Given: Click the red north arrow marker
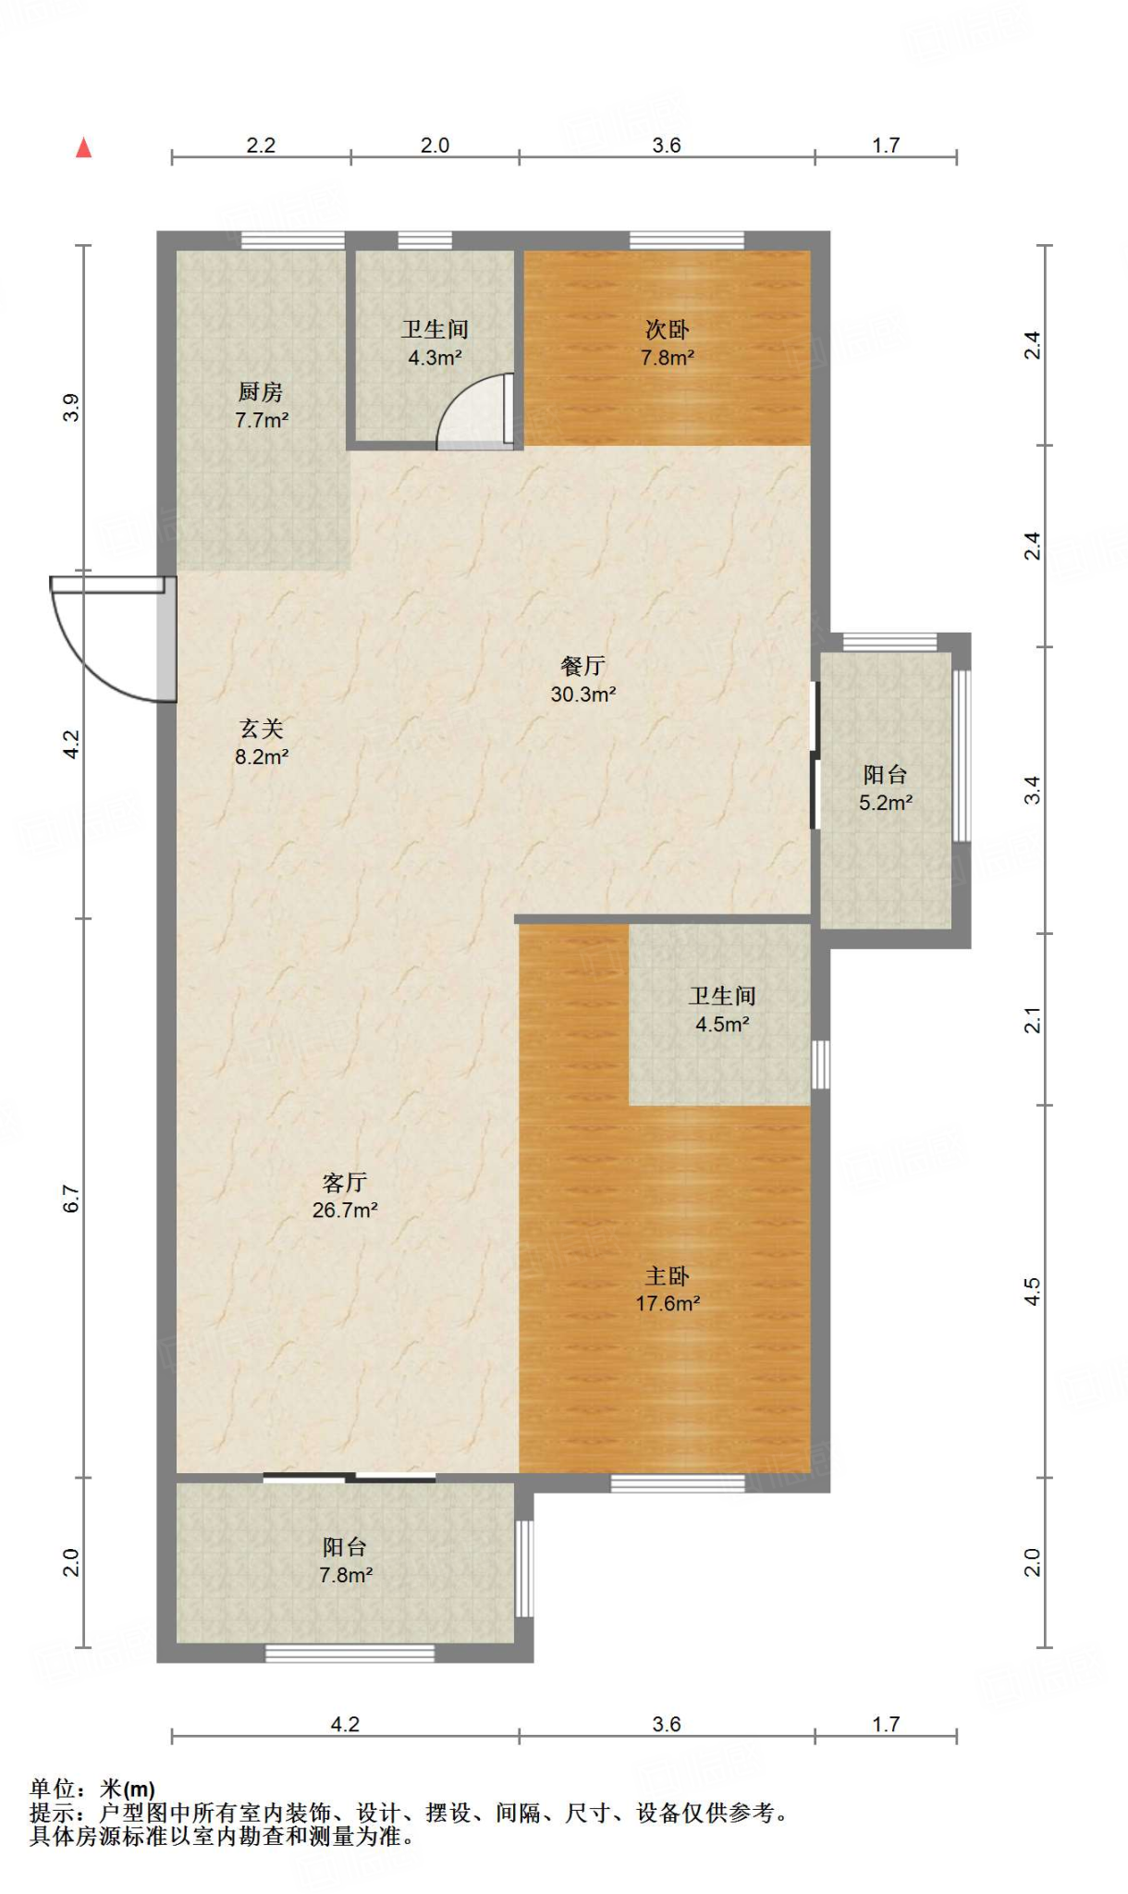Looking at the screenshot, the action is coord(84,147).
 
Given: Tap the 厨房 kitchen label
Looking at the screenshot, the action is coord(261,392).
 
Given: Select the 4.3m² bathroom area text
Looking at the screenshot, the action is coord(435,357).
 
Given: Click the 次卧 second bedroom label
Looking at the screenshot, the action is coord(667,329).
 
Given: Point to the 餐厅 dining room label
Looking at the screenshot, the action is coord(583,666).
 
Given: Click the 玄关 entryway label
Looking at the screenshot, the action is coord(261,729).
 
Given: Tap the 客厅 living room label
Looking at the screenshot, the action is coord(345,1182).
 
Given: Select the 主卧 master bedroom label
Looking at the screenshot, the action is coord(667,1276).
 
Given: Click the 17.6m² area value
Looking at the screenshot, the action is coord(668,1304).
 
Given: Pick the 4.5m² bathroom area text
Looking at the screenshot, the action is coord(722,1024).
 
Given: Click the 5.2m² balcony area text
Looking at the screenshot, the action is coord(886,803).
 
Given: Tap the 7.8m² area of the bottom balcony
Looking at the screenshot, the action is coord(346,1575).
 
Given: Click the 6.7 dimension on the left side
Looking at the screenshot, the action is coord(71,1199).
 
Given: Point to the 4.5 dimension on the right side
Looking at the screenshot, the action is coord(1032,1292).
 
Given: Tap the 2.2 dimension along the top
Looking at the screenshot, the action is coord(261,145).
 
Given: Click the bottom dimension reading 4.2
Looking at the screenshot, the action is coord(345,1724).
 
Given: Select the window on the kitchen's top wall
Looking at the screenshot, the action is coord(293,240).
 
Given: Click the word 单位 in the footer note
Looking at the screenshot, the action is coord(53,1789).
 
